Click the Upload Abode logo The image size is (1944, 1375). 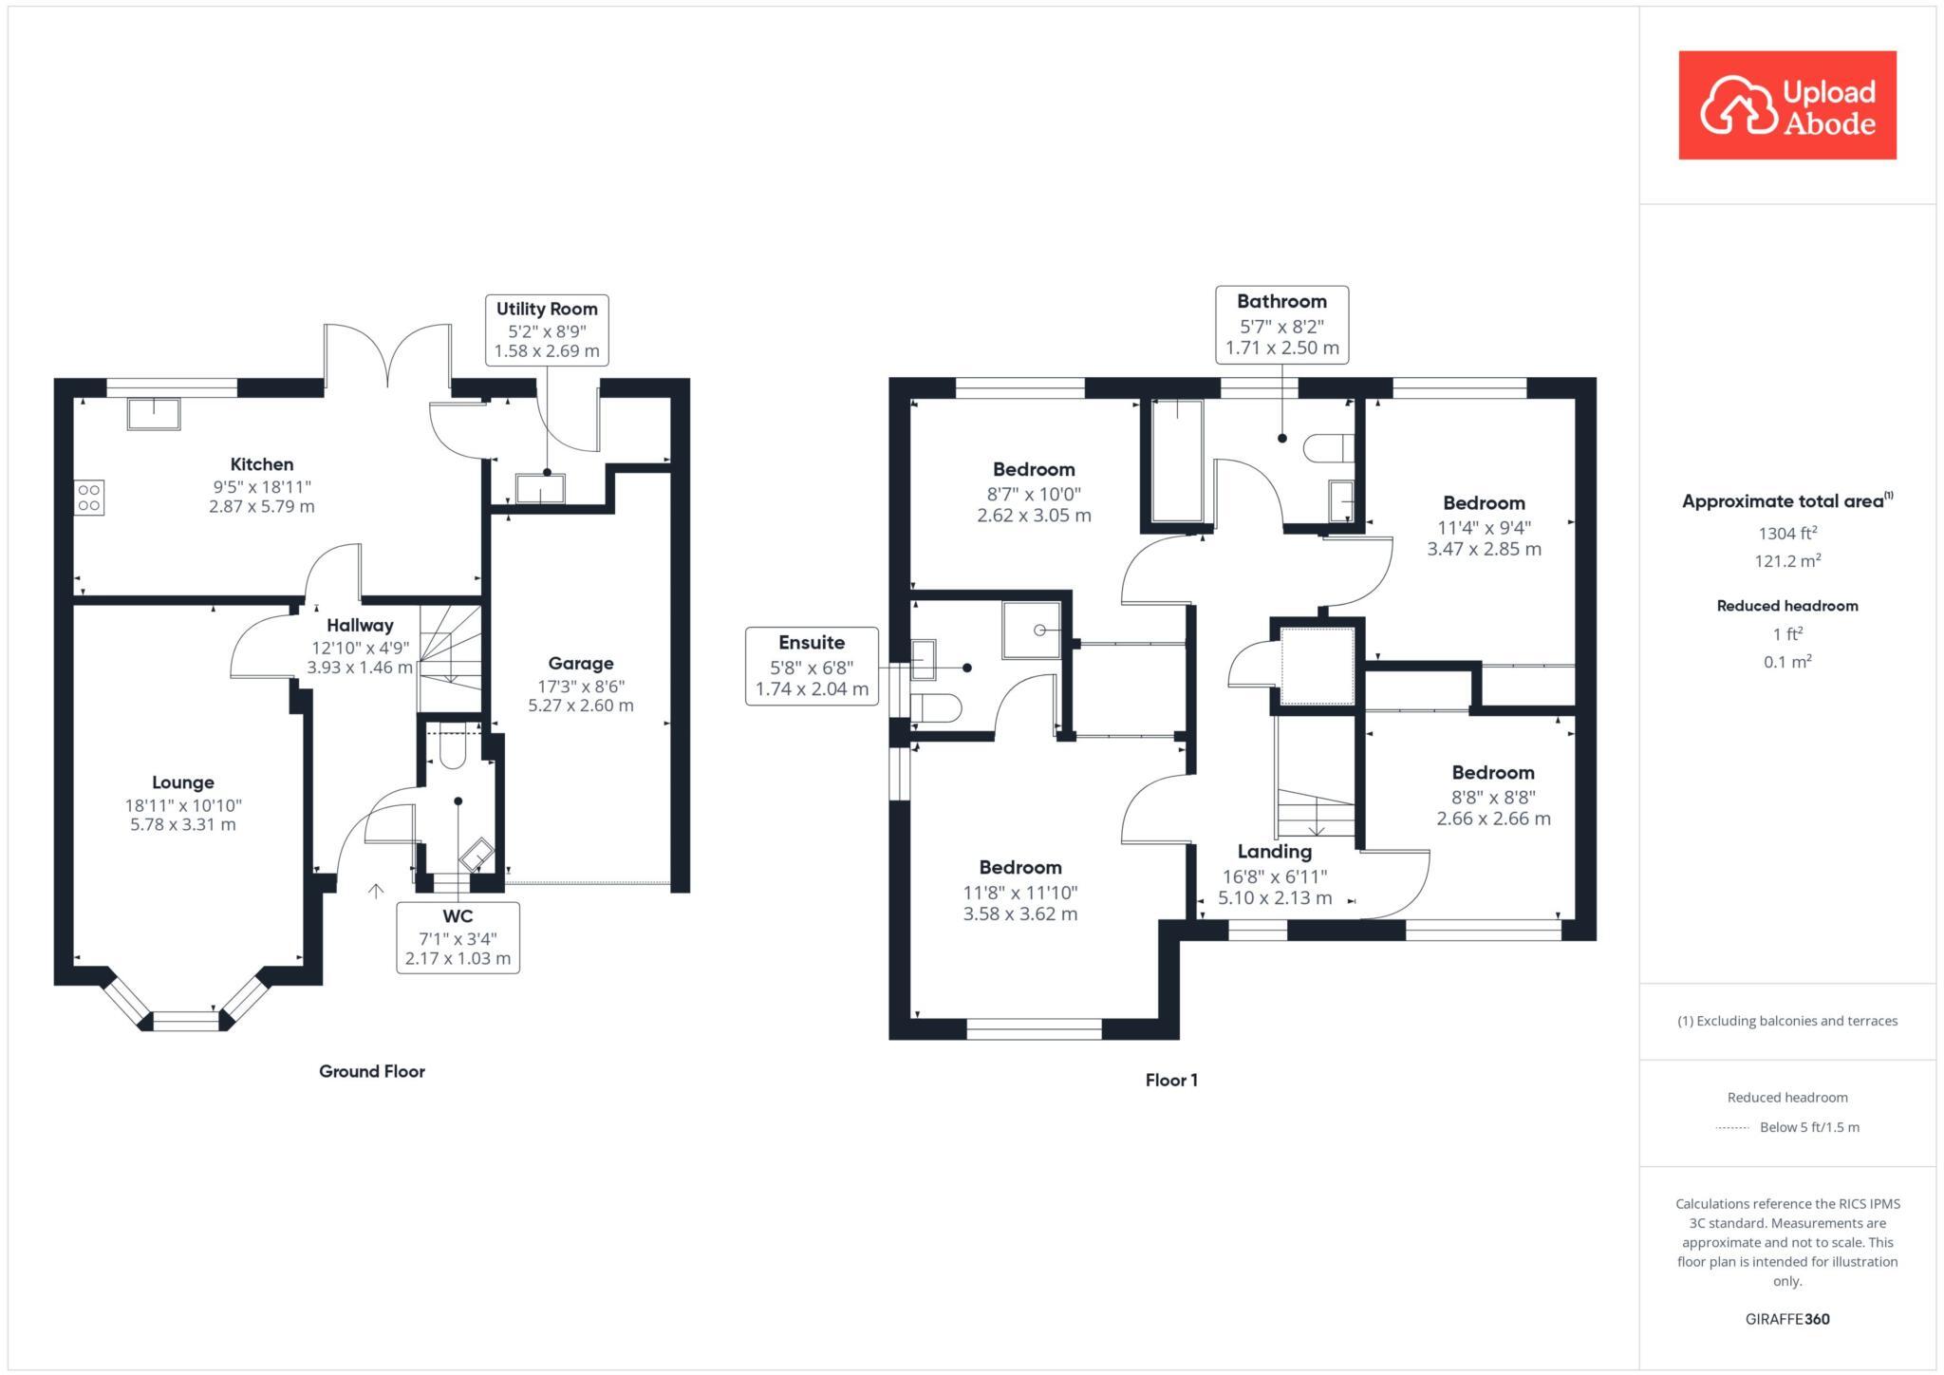pyautogui.click(x=1786, y=105)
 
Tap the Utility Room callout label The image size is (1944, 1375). pyautogui.click(x=547, y=330)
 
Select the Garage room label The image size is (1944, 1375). pyautogui.click(x=581, y=664)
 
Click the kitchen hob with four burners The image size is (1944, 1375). pyautogui.click(x=89, y=498)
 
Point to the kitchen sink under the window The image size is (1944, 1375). pyautogui.click(x=154, y=414)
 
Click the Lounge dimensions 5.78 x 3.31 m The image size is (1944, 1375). pyautogui.click(x=183, y=825)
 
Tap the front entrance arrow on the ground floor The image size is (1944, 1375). pyautogui.click(x=376, y=891)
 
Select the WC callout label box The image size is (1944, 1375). pyautogui.click(x=458, y=937)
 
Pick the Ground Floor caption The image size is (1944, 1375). pyautogui.click(x=371, y=1071)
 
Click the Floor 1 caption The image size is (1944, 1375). pyautogui.click(x=1171, y=1080)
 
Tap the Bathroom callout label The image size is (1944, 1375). pyautogui.click(x=1281, y=324)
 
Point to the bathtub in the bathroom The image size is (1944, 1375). pyautogui.click(x=1177, y=462)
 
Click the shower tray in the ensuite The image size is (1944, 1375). pyautogui.click(x=1032, y=630)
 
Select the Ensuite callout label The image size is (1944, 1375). pyautogui.click(x=812, y=666)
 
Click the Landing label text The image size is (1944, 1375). pyautogui.click(x=1274, y=852)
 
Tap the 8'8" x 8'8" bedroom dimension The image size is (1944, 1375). pyautogui.click(x=1492, y=798)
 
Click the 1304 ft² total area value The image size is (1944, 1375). pyautogui.click(x=1786, y=534)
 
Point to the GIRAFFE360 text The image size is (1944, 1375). pyautogui.click(x=1786, y=1319)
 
